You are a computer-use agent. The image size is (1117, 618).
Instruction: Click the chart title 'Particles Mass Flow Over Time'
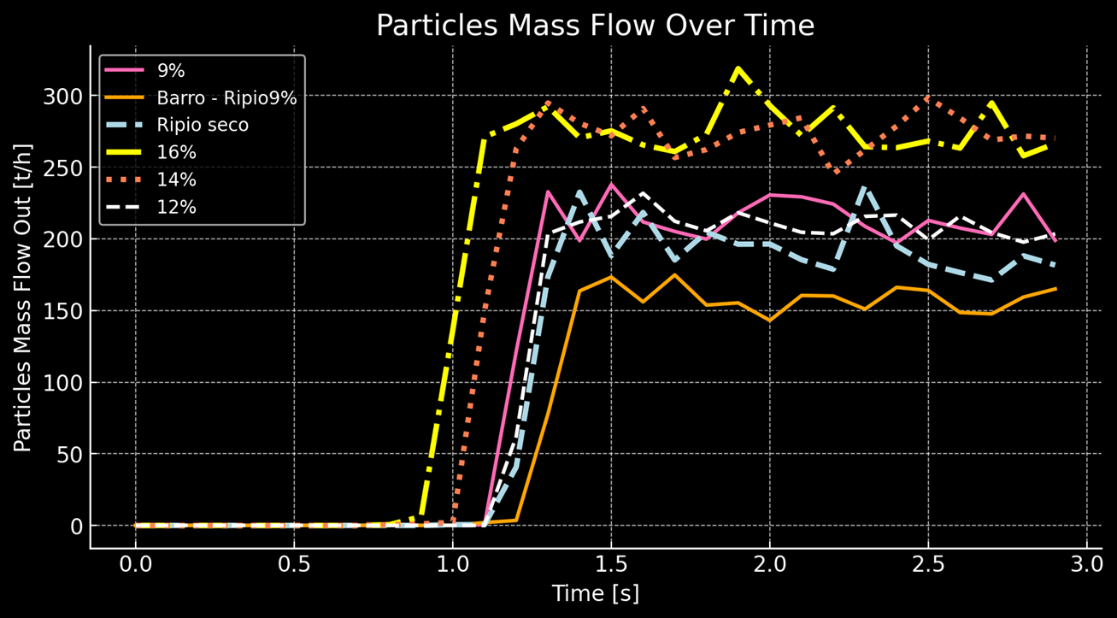click(595, 26)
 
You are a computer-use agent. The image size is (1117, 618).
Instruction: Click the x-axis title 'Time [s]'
click(595, 593)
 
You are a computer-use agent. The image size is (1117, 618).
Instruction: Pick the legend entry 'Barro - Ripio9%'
click(226, 97)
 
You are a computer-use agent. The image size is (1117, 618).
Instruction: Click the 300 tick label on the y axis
click(65, 97)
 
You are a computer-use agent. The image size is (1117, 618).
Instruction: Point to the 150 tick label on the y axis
click(65, 311)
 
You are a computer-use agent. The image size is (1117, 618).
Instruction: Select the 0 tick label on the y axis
click(75, 526)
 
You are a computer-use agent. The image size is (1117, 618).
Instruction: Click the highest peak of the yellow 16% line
click(738, 68)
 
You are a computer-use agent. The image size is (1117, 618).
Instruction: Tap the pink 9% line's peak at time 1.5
click(611, 184)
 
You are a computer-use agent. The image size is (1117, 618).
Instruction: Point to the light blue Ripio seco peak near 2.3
click(865, 187)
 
